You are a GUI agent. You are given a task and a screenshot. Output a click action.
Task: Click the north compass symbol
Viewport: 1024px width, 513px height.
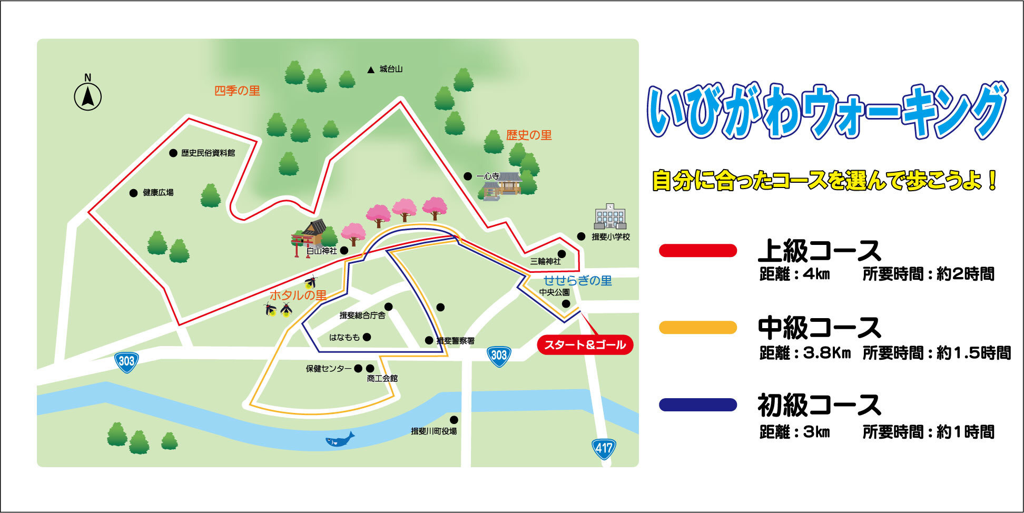pos(87,97)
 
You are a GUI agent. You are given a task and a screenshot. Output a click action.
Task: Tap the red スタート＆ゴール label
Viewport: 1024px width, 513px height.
pos(585,345)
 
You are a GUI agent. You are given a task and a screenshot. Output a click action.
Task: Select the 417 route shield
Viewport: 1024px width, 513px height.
pos(604,449)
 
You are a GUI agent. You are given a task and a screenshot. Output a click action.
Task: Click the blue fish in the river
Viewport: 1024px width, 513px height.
pos(339,439)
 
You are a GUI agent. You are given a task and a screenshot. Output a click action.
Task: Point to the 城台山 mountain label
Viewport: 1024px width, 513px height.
pos(390,69)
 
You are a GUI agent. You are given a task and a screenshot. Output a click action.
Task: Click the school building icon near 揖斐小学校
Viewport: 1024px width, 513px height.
pos(609,216)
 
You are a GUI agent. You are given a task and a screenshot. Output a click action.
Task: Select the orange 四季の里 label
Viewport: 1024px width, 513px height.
pos(237,91)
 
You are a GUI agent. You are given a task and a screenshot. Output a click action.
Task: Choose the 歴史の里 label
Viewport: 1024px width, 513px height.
pos(529,135)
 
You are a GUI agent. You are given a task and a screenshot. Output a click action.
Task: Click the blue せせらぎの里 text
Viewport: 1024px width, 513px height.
pos(577,280)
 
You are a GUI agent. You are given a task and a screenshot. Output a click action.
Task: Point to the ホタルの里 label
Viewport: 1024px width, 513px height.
pos(298,295)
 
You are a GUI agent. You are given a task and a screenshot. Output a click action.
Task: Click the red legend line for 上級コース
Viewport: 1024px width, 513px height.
pos(697,251)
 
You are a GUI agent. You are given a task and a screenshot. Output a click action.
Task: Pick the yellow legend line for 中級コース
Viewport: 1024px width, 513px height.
pos(697,328)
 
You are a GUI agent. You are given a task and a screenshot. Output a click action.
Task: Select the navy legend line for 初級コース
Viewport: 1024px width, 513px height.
pos(697,405)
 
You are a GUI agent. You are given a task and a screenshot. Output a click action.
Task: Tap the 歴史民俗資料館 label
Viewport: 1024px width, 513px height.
pos(208,153)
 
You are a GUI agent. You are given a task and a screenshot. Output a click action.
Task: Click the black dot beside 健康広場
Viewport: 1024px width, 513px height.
pos(134,193)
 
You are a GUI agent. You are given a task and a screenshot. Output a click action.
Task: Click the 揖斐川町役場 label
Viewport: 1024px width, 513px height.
pos(434,431)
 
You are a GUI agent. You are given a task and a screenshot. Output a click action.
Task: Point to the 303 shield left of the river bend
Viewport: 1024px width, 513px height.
pos(126,361)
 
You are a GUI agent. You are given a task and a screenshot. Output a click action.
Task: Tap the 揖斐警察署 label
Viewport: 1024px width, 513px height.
pos(455,341)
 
